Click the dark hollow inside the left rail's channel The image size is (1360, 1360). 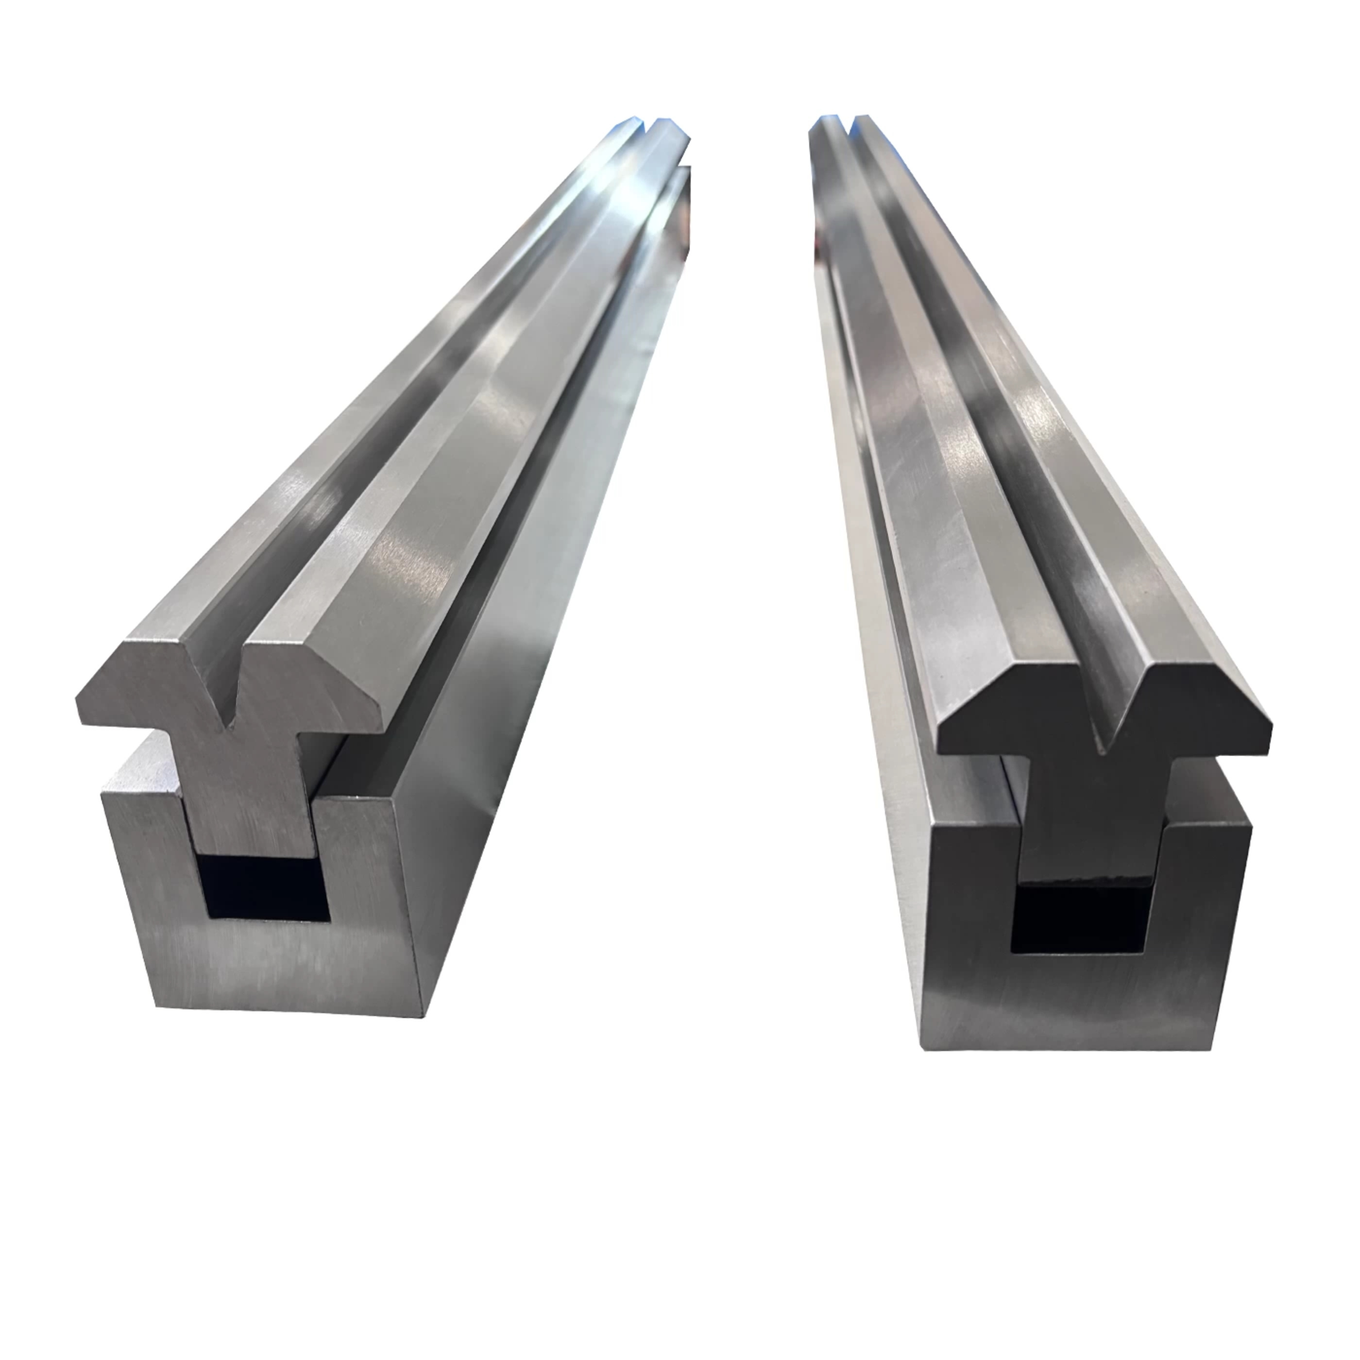coord(266,888)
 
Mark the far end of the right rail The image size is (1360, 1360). coord(834,130)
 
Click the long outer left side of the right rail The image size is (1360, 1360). coord(866,563)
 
